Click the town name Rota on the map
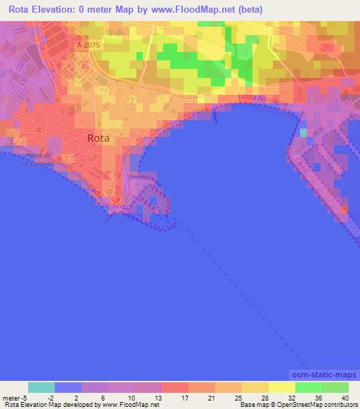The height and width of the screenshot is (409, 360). (98, 138)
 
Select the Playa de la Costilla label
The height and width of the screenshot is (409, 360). (37, 159)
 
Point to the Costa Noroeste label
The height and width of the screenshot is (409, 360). (263, 100)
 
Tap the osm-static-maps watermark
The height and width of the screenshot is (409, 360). (324, 377)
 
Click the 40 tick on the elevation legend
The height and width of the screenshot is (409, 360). (345, 398)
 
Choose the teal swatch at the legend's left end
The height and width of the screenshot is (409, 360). (41, 387)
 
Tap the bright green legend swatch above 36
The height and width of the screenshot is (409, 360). (308, 387)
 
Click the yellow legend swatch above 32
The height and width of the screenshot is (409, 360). (281, 387)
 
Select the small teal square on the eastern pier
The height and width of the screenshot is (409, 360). (303, 133)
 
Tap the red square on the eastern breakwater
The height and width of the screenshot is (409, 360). (344, 209)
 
